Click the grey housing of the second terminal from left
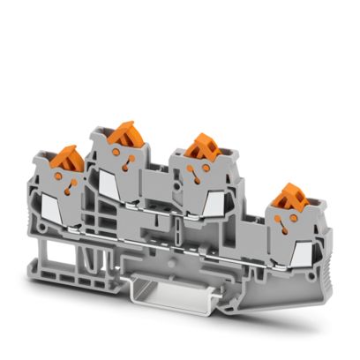click(x=132, y=176)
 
